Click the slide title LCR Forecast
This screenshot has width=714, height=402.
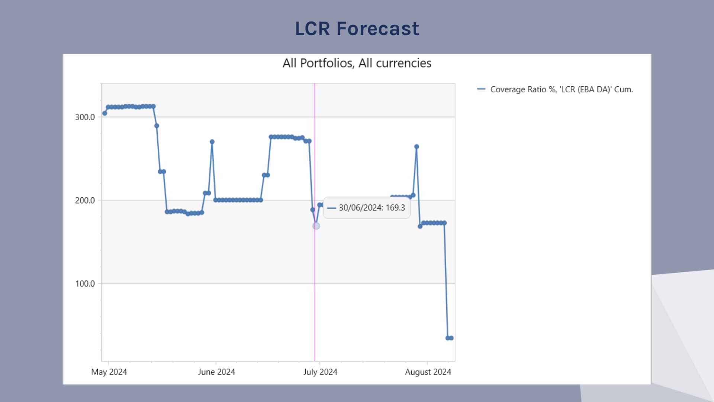pyautogui.click(x=357, y=29)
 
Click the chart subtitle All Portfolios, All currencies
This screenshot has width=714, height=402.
pyautogui.click(x=357, y=63)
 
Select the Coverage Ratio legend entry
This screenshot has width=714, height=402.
pyautogui.click(x=561, y=89)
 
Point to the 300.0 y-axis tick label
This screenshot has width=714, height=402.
pyautogui.click(x=85, y=117)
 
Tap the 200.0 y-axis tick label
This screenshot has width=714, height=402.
pyautogui.click(x=85, y=201)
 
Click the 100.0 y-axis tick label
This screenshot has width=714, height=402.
pyautogui.click(x=85, y=284)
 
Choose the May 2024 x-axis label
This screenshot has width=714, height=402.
pyautogui.click(x=109, y=372)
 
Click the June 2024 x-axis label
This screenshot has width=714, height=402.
pyautogui.click(x=216, y=372)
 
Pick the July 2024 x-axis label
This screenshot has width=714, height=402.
pyautogui.click(x=320, y=372)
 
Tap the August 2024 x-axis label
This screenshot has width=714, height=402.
pyautogui.click(x=428, y=372)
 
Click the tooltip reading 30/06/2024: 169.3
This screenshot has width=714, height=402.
pyautogui.click(x=367, y=208)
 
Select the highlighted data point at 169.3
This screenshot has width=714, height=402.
pyautogui.click(x=316, y=226)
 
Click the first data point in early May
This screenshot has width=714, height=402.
pyautogui.click(x=105, y=113)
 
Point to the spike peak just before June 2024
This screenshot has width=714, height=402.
pyautogui.click(x=212, y=142)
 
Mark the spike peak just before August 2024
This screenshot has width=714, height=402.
pyautogui.click(x=416, y=147)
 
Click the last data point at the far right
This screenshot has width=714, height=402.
pyautogui.click(x=451, y=338)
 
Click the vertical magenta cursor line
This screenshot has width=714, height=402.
pyautogui.click(x=315, y=298)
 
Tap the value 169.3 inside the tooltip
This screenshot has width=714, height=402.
pyautogui.click(x=395, y=208)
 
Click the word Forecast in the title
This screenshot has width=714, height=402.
pyautogui.click(x=378, y=29)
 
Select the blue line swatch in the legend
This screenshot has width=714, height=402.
pyautogui.click(x=481, y=89)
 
